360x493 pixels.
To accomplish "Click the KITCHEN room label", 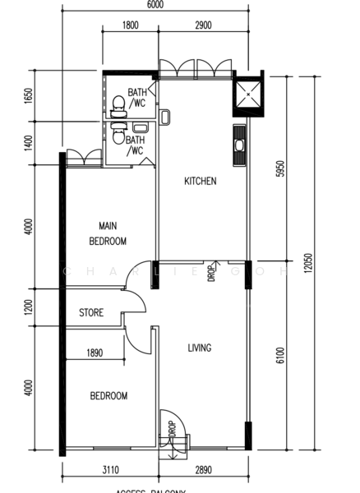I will (x=200, y=181).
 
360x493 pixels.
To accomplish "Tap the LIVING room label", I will (x=199, y=348).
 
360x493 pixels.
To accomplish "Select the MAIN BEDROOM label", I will (x=108, y=233).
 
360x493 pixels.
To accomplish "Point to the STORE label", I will (x=91, y=313).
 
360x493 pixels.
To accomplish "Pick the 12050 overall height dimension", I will (x=307, y=265).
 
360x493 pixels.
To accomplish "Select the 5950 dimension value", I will (x=279, y=169).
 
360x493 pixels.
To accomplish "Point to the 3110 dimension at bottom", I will (x=108, y=471).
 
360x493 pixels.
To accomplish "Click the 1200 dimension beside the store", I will (x=28, y=307).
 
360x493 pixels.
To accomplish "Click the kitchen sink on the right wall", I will (x=239, y=145).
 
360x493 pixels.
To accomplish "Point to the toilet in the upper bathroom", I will (x=118, y=103).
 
